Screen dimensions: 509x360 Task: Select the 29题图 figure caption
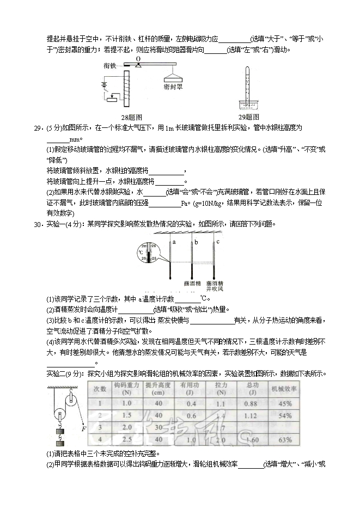[x=249, y=117]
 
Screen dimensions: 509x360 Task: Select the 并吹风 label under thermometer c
[x=217, y=290]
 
